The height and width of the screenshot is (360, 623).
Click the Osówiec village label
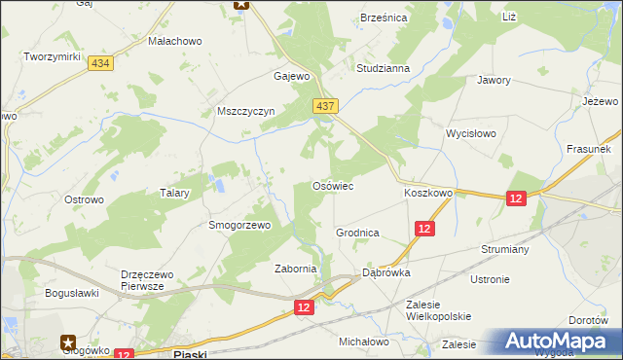[331, 185]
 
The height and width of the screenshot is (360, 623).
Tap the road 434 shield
[98, 63]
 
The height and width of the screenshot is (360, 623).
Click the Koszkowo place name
[428, 194]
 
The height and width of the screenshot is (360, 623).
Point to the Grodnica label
[357, 234]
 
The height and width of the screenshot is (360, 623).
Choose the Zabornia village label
[296, 269]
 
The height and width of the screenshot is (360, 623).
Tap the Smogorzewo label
[238, 225]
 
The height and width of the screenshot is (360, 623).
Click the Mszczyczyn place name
[247, 111]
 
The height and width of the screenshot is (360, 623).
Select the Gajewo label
[291, 76]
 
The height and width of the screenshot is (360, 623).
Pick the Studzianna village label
[383, 69]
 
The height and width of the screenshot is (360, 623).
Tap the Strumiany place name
[504, 249]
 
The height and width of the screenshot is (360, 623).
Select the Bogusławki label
[73, 292]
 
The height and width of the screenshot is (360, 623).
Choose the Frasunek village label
[588, 150]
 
